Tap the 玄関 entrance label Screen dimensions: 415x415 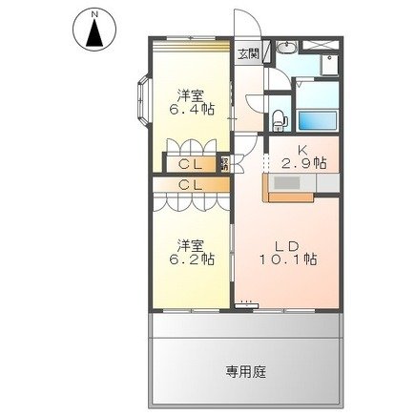point(247,53)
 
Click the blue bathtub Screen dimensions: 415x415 point(320,121)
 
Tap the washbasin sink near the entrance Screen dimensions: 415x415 point(287,51)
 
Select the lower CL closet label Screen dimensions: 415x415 point(190,184)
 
